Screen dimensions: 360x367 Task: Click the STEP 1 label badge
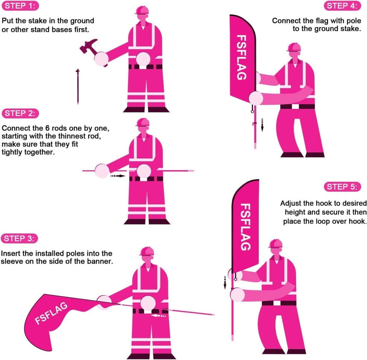tap(20, 6)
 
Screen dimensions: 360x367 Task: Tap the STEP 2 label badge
tap(21, 113)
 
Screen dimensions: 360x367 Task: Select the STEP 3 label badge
tap(21, 238)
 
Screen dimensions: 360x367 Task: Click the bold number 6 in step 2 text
tap(55, 127)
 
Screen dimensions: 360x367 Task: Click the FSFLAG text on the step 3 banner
tap(52, 313)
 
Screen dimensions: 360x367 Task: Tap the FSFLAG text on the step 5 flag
tap(246, 227)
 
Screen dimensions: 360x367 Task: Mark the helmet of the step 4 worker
tap(294, 46)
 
